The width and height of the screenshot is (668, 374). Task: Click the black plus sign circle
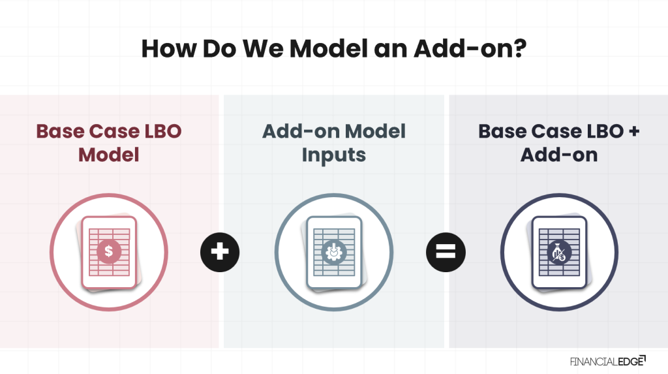click(220, 251)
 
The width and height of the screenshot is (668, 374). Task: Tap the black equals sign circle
click(446, 251)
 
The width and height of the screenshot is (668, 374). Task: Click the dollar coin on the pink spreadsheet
click(108, 251)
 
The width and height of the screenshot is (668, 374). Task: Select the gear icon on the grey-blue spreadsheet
click(333, 251)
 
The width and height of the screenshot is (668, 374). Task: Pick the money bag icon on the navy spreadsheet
click(558, 251)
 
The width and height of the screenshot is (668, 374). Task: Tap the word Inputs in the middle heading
click(333, 155)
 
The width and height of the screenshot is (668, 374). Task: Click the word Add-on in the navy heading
click(559, 155)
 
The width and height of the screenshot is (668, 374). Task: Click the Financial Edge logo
click(607, 360)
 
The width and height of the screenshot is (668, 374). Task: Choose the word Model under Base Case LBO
click(108, 155)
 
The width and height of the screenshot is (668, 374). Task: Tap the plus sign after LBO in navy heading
click(632, 132)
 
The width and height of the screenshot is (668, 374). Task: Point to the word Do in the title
click(207, 49)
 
